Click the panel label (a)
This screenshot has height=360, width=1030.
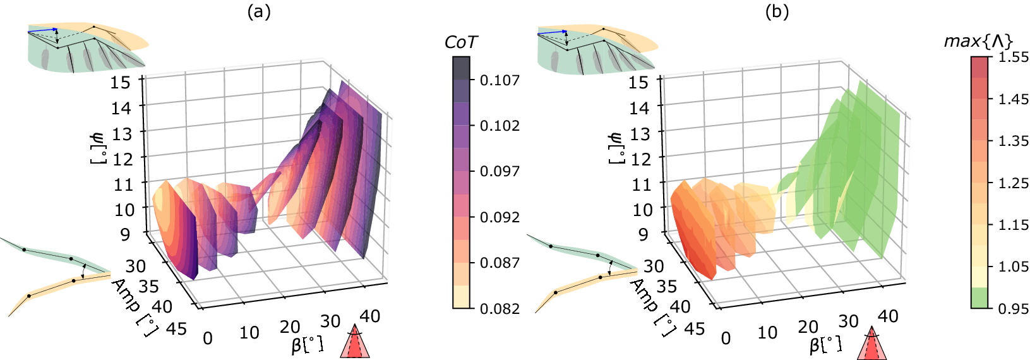pyautogui.click(x=259, y=12)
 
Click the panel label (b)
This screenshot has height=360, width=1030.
pyautogui.click(x=777, y=12)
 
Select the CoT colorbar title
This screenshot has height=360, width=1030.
pyautogui.click(x=461, y=42)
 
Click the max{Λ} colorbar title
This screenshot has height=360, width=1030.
pyautogui.click(x=978, y=42)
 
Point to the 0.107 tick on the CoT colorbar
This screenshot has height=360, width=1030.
pyautogui.click(x=500, y=80)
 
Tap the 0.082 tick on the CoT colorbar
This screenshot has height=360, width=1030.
pyautogui.click(x=500, y=308)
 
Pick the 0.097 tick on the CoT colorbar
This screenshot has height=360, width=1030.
pyautogui.click(x=500, y=171)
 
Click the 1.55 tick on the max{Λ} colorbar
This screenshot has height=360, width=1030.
pyautogui.click(x=1013, y=57)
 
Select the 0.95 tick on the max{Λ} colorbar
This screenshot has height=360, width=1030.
pyautogui.click(x=1013, y=308)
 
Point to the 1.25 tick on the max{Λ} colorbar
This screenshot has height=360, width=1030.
pyautogui.click(x=1013, y=183)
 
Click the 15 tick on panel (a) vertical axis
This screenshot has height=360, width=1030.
pyautogui.click(x=121, y=82)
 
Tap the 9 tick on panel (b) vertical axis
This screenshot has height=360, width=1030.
pyautogui.click(x=643, y=234)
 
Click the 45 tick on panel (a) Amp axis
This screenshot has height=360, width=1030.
pyautogui.click(x=176, y=328)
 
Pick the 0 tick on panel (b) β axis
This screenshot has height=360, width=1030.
pyautogui.click(x=726, y=339)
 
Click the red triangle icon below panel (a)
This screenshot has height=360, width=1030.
pyautogui.click(x=355, y=343)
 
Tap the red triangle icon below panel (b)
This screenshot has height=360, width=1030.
pyautogui.click(x=872, y=344)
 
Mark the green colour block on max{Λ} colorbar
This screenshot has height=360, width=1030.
pyautogui.click(x=979, y=297)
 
